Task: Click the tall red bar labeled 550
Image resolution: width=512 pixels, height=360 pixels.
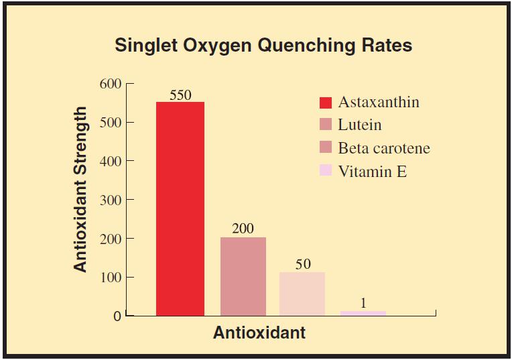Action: pos(180,208)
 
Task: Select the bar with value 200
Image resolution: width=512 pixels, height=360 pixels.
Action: pos(243,276)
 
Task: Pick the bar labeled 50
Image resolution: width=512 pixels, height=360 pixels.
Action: pos(302,293)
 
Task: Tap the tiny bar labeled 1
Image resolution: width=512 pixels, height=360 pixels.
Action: pos(363,312)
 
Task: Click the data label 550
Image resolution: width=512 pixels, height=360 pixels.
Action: pos(180,95)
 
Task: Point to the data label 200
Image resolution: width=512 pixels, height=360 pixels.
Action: pos(243,229)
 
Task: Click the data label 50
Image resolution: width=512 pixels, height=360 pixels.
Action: pos(303,264)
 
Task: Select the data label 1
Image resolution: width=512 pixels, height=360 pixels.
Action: pos(363,303)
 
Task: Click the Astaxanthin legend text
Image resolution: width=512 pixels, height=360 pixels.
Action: pos(379,102)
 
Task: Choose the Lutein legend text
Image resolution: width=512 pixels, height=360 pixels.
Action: pos(360,125)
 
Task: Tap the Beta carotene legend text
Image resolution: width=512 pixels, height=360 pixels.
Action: pos(384,148)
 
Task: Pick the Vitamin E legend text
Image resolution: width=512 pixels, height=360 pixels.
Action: pos(373,171)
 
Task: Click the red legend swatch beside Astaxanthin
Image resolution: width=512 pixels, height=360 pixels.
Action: pos(326,103)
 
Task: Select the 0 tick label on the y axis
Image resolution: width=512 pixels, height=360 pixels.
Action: pos(117,316)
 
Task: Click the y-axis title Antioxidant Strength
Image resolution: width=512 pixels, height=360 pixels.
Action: pos(81,189)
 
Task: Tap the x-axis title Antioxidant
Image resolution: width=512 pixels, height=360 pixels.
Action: pos(259,333)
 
